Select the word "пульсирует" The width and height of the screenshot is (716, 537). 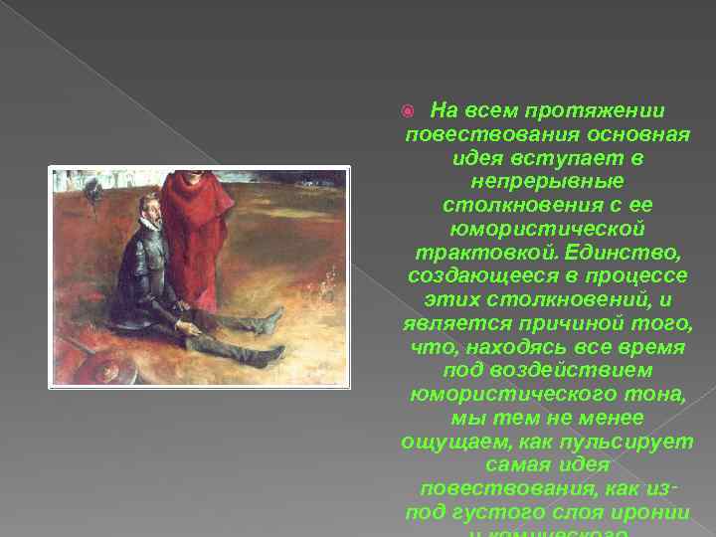(634, 441)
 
